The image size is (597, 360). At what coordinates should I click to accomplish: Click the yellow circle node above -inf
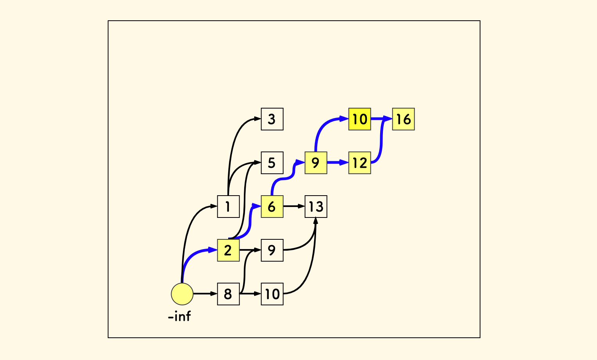(x=182, y=294)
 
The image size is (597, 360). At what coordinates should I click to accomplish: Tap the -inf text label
(x=179, y=316)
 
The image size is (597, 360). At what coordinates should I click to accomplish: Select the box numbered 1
(x=228, y=206)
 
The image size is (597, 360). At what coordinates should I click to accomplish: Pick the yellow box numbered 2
(x=228, y=250)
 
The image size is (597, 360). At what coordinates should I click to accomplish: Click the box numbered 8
(x=228, y=294)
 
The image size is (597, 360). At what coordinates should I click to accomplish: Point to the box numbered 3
(x=272, y=119)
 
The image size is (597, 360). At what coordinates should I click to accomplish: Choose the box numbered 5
(x=272, y=163)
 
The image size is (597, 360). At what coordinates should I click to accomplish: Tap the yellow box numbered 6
(x=272, y=206)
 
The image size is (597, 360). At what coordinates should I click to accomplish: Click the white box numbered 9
(x=272, y=250)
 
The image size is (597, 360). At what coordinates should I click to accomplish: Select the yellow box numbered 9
(x=316, y=163)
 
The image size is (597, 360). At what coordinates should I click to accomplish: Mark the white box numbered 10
(x=272, y=294)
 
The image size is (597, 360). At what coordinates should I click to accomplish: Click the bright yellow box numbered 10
(x=359, y=119)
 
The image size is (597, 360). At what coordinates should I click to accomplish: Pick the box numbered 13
(x=316, y=206)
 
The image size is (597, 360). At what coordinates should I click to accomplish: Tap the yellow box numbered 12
(x=359, y=163)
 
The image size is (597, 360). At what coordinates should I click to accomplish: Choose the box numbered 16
(x=403, y=119)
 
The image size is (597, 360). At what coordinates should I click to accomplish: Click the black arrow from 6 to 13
(x=293, y=206)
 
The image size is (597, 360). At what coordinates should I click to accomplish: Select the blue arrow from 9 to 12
(x=337, y=162)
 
